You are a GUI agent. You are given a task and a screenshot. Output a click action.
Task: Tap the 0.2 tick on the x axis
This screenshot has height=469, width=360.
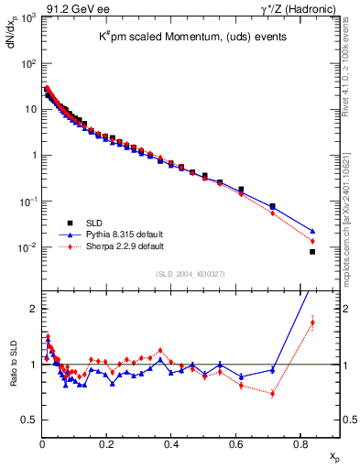point(107,443)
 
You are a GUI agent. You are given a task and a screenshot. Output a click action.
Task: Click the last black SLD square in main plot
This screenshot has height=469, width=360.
point(312,252)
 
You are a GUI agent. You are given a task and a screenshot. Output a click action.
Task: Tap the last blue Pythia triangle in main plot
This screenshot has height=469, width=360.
point(312,231)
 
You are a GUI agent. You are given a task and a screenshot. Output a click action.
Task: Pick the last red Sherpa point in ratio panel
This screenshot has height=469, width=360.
point(312,322)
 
